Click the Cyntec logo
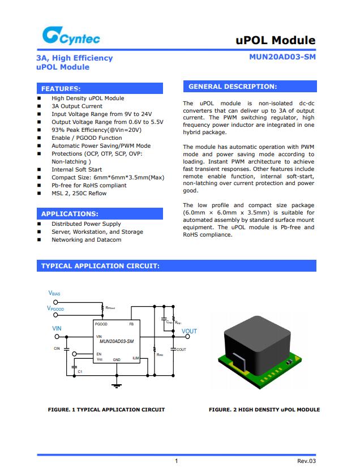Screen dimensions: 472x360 click(x=70, y=37)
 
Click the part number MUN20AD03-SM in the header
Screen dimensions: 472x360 click(x=282, y=57)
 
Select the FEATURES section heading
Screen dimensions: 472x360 click(x=61, y=89)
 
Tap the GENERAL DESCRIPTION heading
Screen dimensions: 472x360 click(x=232, y=87)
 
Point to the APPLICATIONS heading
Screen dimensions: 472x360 click(x=69, y=214)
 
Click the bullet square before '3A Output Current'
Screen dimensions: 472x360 click(x=39, y=106)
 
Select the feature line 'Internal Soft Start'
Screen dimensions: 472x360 click(x=76, y=169)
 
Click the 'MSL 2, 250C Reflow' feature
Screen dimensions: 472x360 click(x=79, y=193)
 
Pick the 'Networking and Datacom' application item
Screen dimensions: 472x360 click(x=86, y=239)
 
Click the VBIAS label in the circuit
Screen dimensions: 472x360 click(x=54, y=293)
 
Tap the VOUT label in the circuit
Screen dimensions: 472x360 click(x=189, y=331)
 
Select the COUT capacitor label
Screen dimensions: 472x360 click(x=181, y=350)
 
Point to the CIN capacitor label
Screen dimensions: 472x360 click(x=57, y=348)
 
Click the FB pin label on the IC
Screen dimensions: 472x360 click(x=131, y=324)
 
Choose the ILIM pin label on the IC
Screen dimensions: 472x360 click(x=135, y=358)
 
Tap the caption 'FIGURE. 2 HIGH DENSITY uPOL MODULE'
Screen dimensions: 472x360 click(x=264, y=410)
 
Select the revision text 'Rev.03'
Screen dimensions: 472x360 click(x=306, y=461)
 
